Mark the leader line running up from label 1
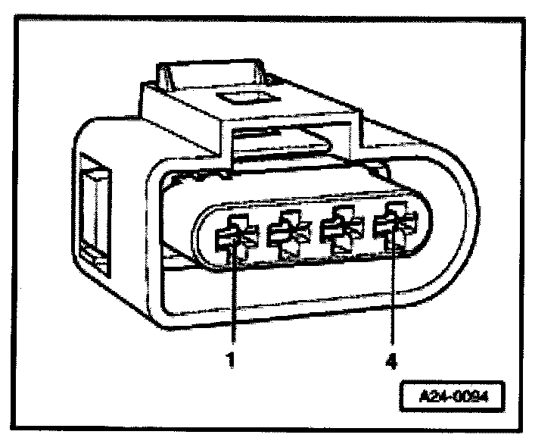point(233,303)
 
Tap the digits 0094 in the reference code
point(465,397)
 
